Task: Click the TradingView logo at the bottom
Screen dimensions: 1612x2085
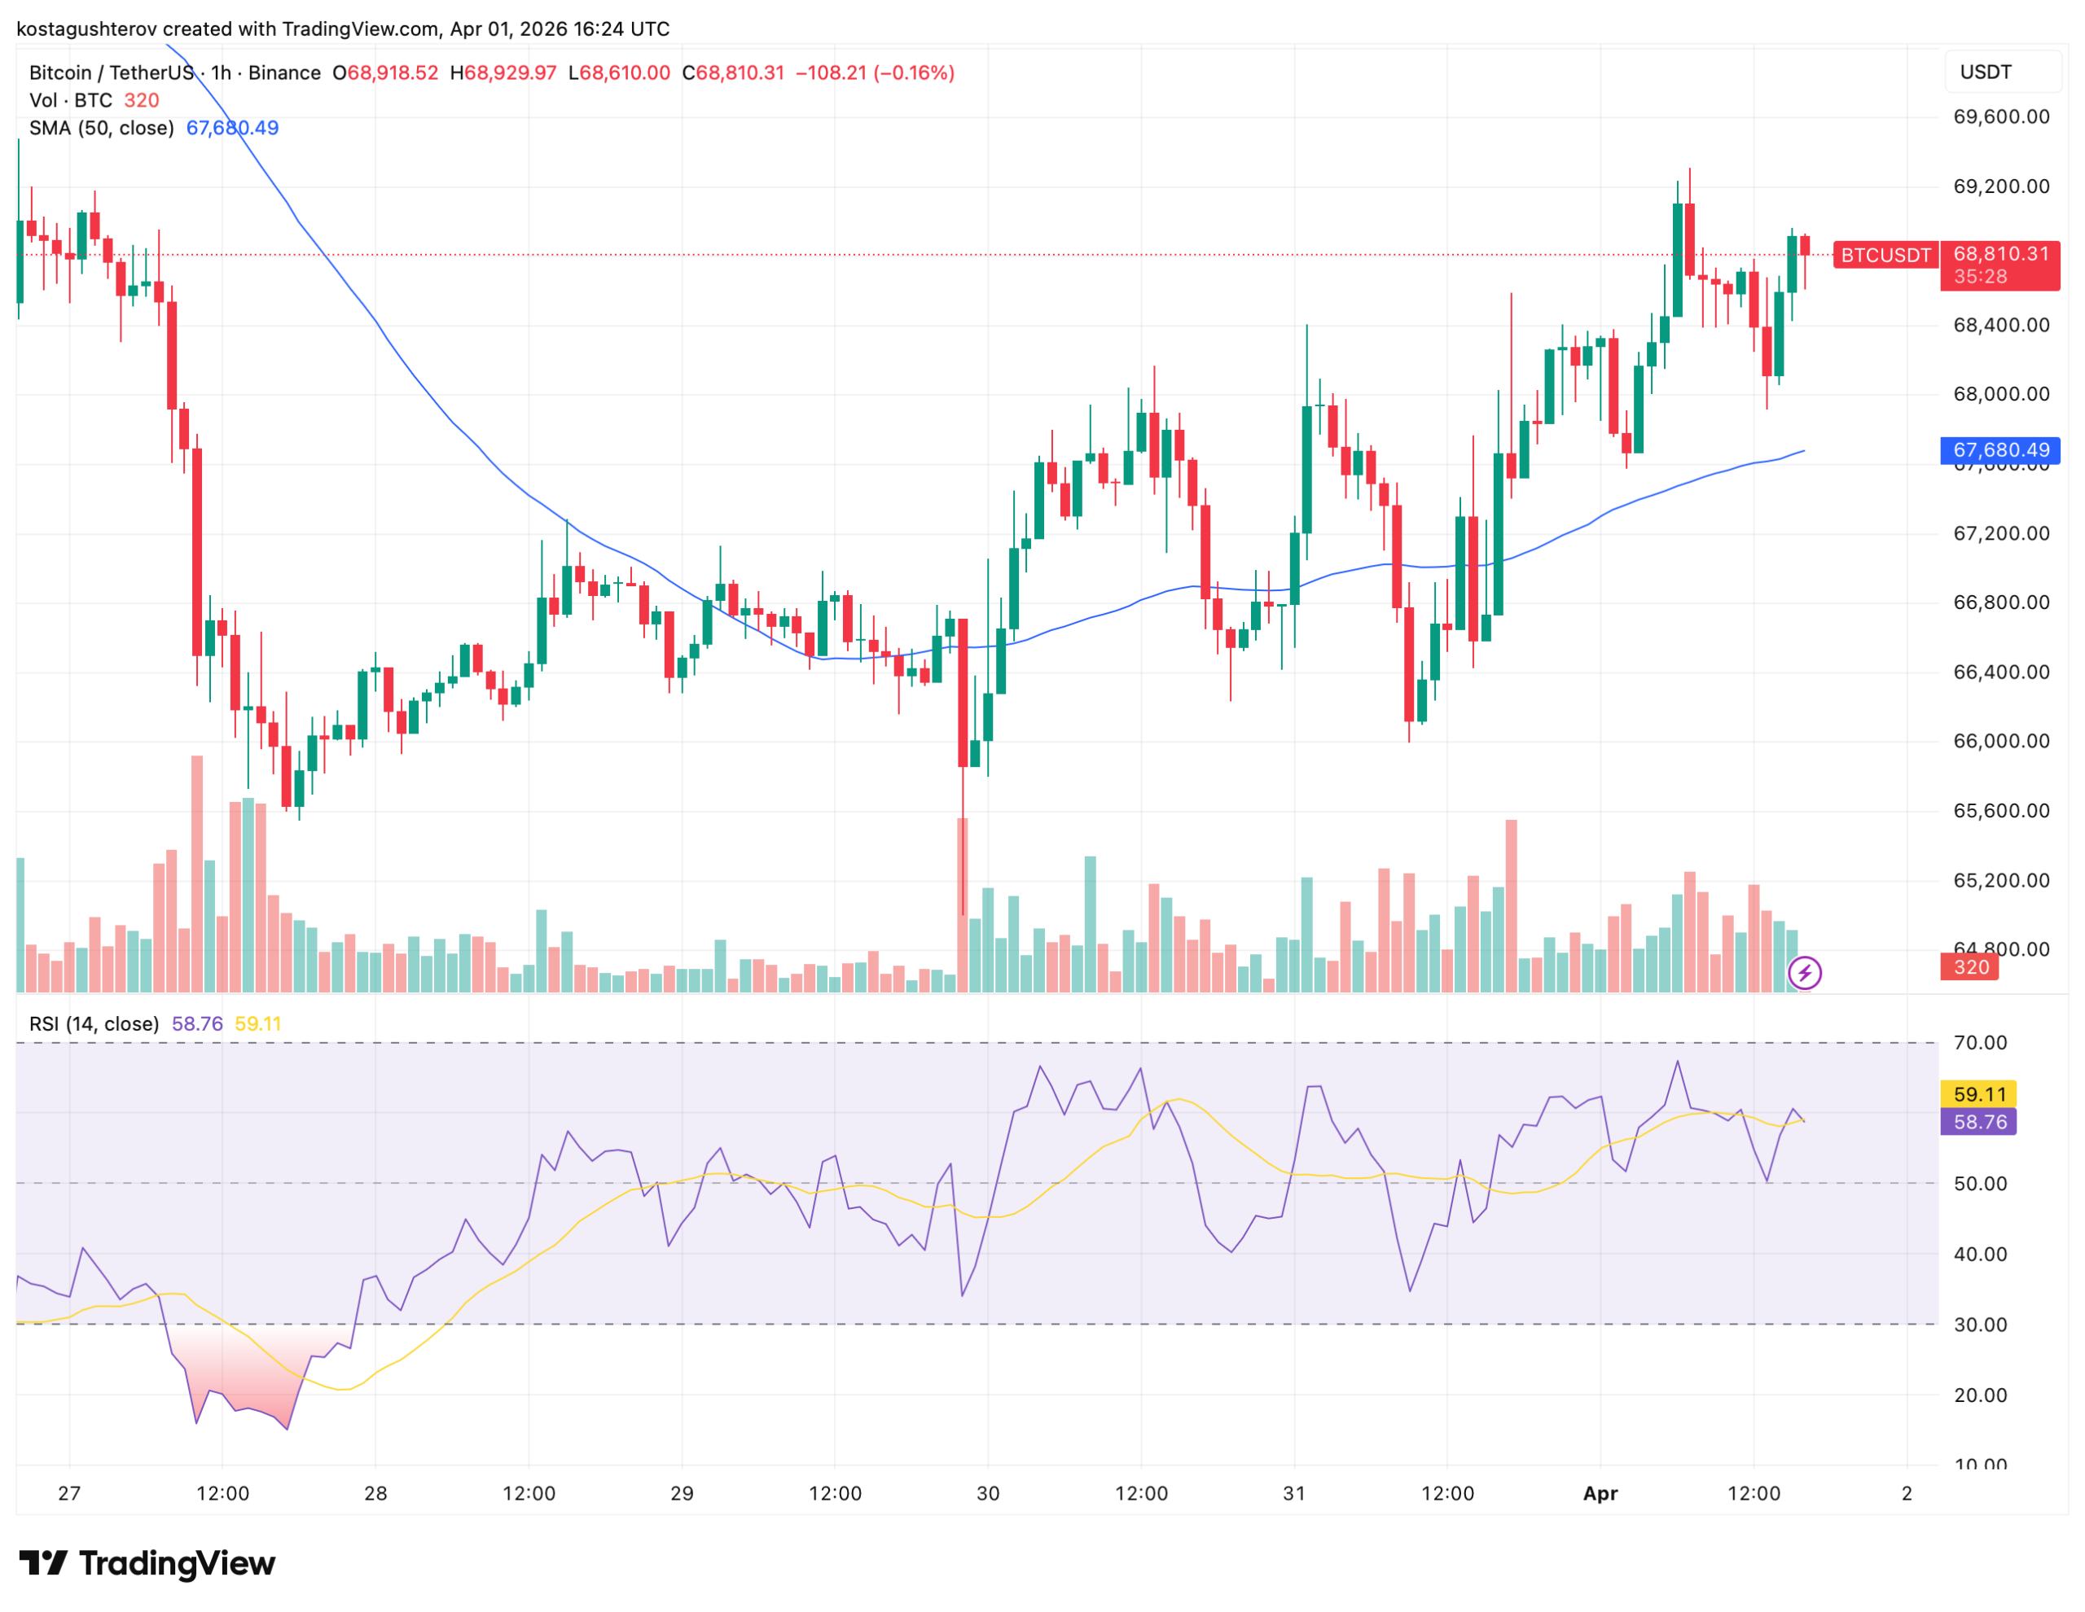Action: point(147,1563)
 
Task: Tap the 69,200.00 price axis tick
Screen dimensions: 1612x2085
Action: point(2001,186)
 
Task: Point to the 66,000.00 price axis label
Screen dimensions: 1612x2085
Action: point(2001,742)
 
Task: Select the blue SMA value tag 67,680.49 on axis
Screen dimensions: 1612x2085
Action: point(2000,449)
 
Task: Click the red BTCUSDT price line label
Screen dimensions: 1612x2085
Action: point(1885,255)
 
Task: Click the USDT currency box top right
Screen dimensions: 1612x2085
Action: point(1986,72)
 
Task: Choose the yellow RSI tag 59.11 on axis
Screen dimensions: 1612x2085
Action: point(1979,1093)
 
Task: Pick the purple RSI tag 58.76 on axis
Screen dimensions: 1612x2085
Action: point(1979,1121)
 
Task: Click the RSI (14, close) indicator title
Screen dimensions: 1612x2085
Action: point(94,1024)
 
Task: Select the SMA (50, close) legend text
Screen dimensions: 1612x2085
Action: point(101,128)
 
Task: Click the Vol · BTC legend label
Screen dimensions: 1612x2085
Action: point(71,100)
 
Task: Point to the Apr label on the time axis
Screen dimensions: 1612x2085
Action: point(1600,1494)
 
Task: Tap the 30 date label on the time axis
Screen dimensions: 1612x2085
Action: point(988,1494)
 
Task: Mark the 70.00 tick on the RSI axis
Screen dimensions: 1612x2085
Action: point(1980,1043)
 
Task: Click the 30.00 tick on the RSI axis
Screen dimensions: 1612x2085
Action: point(1980,1325)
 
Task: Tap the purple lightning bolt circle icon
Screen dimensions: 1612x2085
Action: point(1804,974)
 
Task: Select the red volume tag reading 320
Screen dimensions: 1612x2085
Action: point(1970,968)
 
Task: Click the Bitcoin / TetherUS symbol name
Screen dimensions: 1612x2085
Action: point(111,72)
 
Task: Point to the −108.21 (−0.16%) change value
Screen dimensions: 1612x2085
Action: point(875,72)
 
